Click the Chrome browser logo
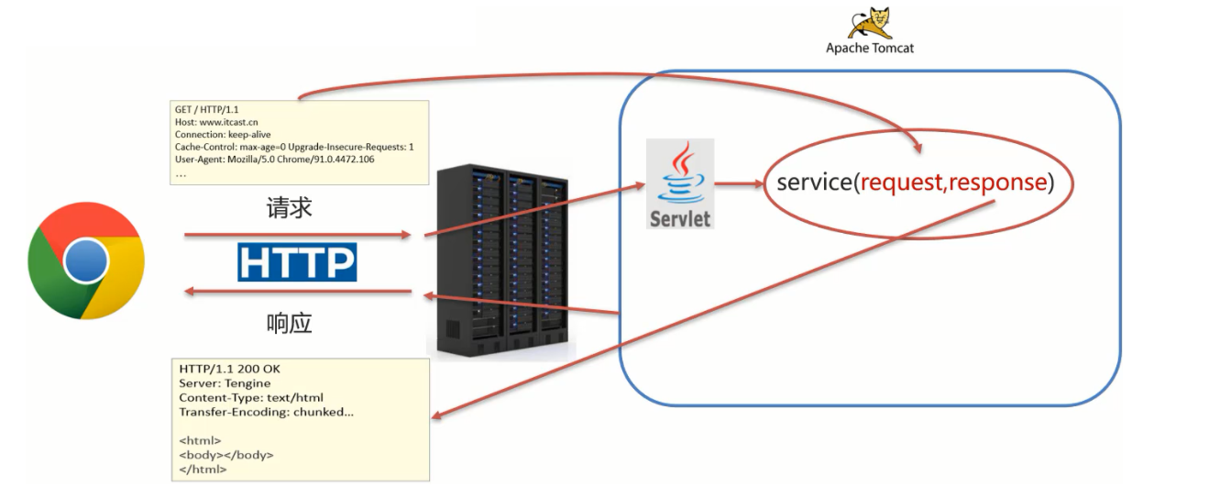85,260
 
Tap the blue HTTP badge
297,261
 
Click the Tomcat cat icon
869,23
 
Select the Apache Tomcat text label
869,48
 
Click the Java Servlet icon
680,183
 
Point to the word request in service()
902,183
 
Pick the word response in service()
997,183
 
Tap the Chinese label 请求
290,208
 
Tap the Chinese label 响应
290,324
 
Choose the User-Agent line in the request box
275,159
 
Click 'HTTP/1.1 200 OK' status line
230,369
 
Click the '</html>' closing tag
203,469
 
